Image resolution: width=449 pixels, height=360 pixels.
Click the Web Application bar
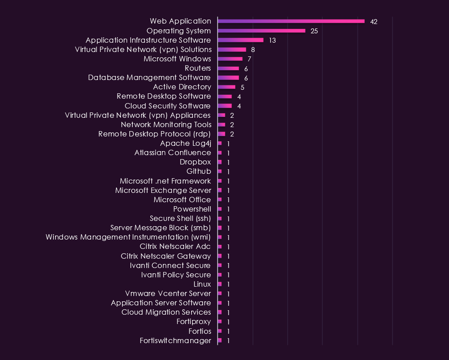(291, 21)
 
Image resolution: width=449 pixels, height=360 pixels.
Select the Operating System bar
(262, 31)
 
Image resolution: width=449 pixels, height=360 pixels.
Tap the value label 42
(374, 22)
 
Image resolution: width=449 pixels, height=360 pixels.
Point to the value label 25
(314, 31)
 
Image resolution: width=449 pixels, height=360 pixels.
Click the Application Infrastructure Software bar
(241, 40)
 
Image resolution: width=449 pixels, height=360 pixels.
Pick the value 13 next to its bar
(273, 40)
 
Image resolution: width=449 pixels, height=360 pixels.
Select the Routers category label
(197, 68)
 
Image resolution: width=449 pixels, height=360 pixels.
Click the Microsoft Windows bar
(230, 59)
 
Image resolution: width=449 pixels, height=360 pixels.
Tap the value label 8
(253, 50)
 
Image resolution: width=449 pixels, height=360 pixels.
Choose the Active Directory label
(182, 87)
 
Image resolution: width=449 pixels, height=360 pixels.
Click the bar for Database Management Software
(229, 77)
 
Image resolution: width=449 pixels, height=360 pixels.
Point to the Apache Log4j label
(185, 144)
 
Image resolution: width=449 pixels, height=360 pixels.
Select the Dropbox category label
(195, 162)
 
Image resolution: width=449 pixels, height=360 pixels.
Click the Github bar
(220, 172)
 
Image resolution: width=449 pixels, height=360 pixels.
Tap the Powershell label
(192, 209)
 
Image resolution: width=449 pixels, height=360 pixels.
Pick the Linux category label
(202, 284)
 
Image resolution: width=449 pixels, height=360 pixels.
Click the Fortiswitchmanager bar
(220, 340)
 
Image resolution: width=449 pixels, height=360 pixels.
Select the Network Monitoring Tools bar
(221, 124)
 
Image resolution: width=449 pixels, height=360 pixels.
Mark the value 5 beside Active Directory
(243, 88)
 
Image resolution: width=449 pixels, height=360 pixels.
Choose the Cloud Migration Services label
(166, 312)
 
